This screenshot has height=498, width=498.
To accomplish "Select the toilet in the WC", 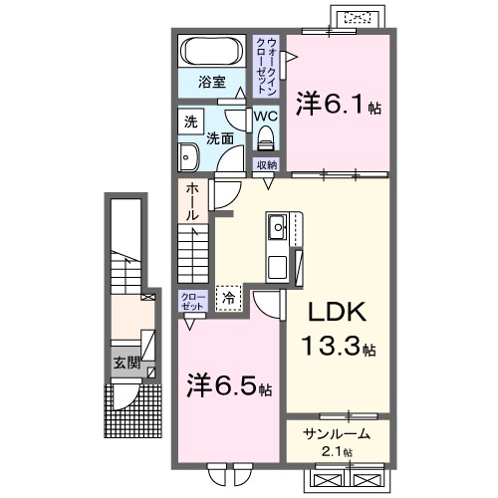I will [265, 138].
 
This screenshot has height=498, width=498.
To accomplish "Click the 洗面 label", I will [220, 139].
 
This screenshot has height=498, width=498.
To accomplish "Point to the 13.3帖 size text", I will [339, 349].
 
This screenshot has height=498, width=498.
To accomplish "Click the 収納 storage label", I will [266, 164].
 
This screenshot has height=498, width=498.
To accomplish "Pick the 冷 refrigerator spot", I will [228, 296].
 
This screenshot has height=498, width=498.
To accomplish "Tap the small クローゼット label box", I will [192, 302].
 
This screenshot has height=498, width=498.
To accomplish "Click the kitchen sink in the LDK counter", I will [276, 232].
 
